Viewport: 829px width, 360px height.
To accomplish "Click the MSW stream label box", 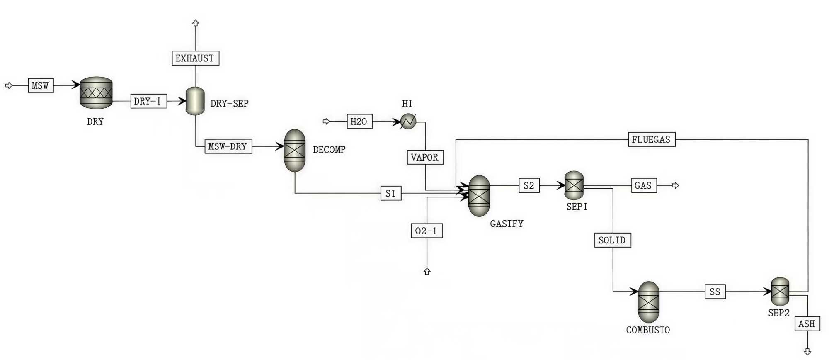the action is click(41, 85).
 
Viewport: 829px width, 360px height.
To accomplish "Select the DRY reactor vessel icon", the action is click(96, 93).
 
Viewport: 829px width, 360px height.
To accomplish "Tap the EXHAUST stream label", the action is click(195, 58).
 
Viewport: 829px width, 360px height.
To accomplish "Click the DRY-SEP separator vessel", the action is click(195, 101).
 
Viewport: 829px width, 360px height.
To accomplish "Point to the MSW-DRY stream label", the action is click(228, 146).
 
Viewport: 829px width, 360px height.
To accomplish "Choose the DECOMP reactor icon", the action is click(294, 150).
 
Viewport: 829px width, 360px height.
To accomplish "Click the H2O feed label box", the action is click(359, 122).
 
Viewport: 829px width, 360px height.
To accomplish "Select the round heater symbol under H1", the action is click(408, 122).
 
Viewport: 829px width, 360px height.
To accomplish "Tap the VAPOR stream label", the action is click(425, 157).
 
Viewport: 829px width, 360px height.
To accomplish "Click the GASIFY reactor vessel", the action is click(479, 196).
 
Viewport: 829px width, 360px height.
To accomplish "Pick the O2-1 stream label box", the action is click(427, 231).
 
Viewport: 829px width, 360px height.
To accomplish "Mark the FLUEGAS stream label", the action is click(651, 139).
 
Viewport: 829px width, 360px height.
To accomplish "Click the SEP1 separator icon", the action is click(574, 185).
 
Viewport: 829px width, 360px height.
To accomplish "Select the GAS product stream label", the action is click(643, 185).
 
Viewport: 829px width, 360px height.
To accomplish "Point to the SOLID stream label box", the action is click(612, 240).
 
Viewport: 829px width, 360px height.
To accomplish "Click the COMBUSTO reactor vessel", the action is click(648, 302).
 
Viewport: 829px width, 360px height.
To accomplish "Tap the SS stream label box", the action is click(715, 292).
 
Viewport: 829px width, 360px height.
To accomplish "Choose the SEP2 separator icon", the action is click(780, 292).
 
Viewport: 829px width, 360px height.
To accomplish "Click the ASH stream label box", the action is click(807, 324).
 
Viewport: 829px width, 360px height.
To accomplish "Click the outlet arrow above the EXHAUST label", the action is click(196, 23).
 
